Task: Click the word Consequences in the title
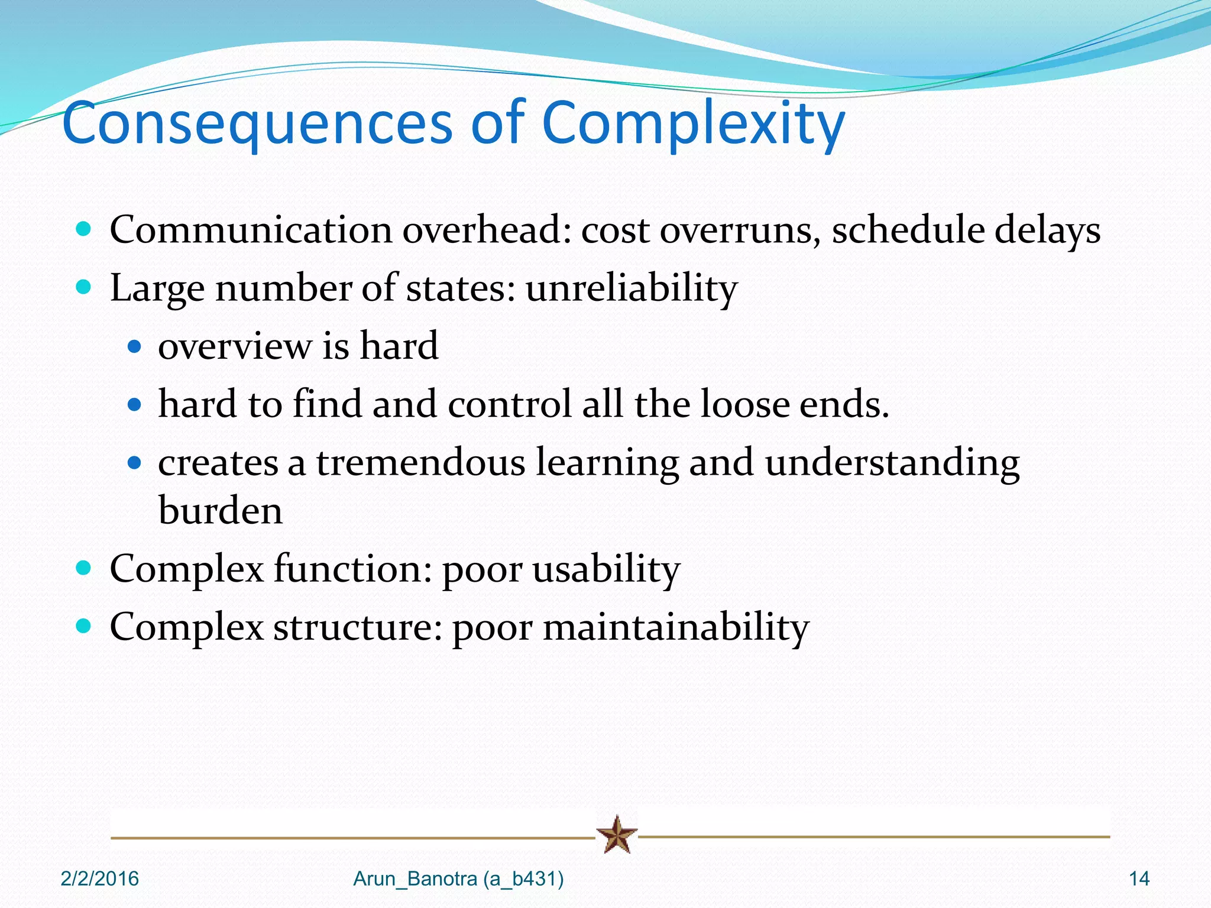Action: [257, 123]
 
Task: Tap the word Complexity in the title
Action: [692, 123]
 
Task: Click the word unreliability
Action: [632, 288]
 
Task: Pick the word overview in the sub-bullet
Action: [235, 346]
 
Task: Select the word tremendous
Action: [420, 462]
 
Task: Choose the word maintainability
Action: [676, 627]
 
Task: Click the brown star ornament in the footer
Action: [617, 835]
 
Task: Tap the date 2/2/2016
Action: [99, 879]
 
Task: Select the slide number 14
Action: [1139, 879]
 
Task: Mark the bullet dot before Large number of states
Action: [84, 287]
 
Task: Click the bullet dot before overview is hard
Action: [135, 346]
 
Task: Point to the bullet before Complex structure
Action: [84, 625]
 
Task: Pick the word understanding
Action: [892, 462]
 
